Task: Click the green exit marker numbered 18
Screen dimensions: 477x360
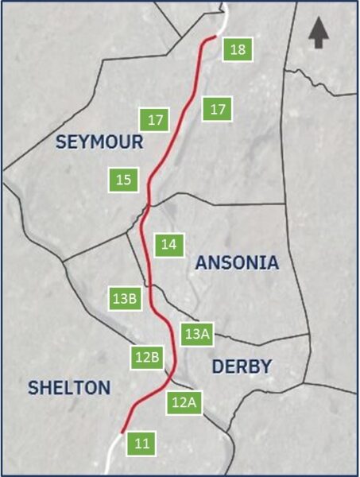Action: point(237,49)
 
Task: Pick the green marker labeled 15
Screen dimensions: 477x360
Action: point(123,180)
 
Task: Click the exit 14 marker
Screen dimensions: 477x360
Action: point(168,245)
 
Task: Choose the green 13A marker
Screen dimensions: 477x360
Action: point(196,334)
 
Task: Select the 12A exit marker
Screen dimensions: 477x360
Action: point(183,402)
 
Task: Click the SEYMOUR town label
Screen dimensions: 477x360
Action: point(99,142)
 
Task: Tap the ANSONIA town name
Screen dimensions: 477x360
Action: point(237,263)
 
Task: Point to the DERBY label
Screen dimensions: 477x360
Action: point(242,366)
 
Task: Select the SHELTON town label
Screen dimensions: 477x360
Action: point(69,388)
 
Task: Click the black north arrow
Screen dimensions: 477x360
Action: point(318,33)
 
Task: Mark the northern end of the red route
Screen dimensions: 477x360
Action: point(215,37)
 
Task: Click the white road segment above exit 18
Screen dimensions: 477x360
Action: point(224,16)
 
